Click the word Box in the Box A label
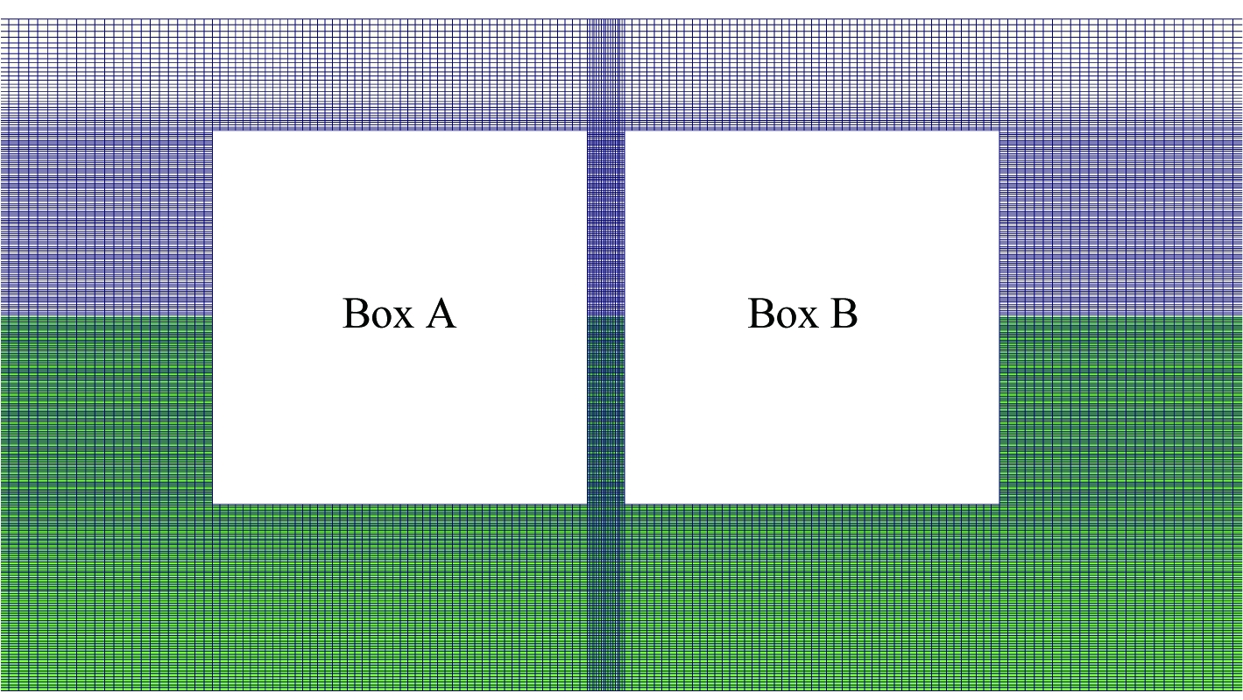tap(378, 314)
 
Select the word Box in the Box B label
tap(783, 314)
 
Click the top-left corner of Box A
tap(213, 131)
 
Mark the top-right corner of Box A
tap(587, 131)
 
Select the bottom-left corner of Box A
tap(213, 504)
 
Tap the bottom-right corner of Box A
tap(587, 504)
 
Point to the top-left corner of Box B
tap(625, 131)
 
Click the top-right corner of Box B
tap(999, 131)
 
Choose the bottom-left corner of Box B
tap(625, 504)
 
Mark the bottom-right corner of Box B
tap(999, 504)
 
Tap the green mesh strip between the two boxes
tap(606, 410)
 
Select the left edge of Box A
tap(213, 317)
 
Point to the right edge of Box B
tap(999, 317)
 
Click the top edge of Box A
tap(400, 131)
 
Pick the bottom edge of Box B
tap(812, 504)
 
